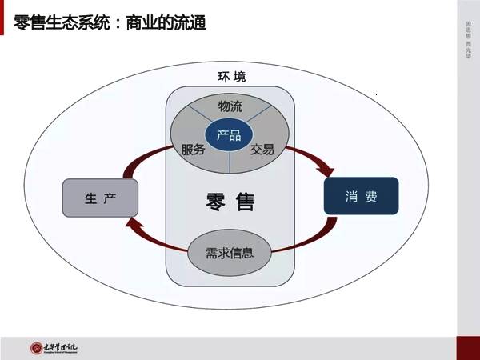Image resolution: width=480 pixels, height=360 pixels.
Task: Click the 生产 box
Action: tap(100, 198)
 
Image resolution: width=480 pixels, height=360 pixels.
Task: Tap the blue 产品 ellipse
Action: tap(229, 135)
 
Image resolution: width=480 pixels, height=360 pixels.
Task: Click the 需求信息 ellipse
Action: tap(229, 253)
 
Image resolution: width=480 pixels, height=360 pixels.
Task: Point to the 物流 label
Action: tap(230, 106)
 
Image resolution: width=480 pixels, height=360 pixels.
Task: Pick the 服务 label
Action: tap(194, 150)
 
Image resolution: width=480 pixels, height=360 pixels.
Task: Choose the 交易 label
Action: tap(262, 150)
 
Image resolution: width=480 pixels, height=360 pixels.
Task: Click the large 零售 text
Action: tap(230, 202)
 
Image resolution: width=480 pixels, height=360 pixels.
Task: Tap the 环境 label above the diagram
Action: tap(231, 77)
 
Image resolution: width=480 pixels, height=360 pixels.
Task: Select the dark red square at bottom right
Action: tap(468, 347)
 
